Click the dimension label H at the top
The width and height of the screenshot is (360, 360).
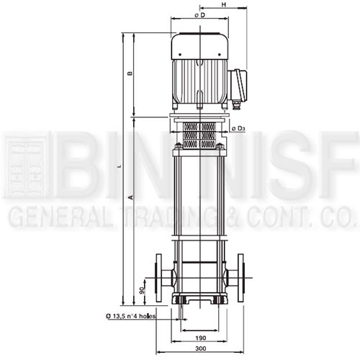pyautogui.click(x=224, y=4)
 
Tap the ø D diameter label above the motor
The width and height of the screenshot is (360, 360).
pyautogui.click(x=200, y=15)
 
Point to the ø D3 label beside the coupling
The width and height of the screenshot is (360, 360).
pyautogui.click(x=238, y=129)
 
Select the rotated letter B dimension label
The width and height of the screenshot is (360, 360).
pyautogui.click(x=130, y=73)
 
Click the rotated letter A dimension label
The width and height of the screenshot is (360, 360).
pyautogui.click(x=131, y=197)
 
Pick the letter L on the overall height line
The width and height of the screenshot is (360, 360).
pyautogui.click(x=121, y=166)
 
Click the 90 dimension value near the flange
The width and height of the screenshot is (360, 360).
pyautogui.click(x=142, y=290)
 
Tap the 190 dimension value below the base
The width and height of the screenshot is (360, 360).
pyautogui.click(x=201, y=338)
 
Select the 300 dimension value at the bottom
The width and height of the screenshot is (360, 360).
pyautogui.click(x=200, y=348)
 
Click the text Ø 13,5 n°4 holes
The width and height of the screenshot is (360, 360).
pyautogui.click(x=130, y=316)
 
